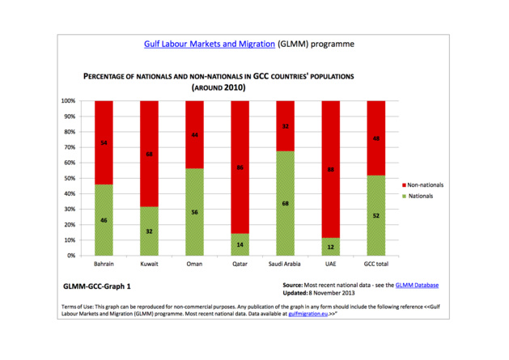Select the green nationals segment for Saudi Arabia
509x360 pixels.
286,203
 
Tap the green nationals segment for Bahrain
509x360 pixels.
104,220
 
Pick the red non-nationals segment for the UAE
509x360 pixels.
331,169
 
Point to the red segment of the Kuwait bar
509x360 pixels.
149,154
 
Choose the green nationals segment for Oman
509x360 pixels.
194,212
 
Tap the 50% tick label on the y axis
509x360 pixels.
70,178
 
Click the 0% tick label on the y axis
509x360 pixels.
71,256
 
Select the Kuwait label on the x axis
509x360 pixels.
149,265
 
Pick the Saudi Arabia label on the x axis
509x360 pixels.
286,265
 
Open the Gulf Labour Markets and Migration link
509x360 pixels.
210,44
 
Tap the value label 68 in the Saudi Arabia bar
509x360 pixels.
286,203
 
